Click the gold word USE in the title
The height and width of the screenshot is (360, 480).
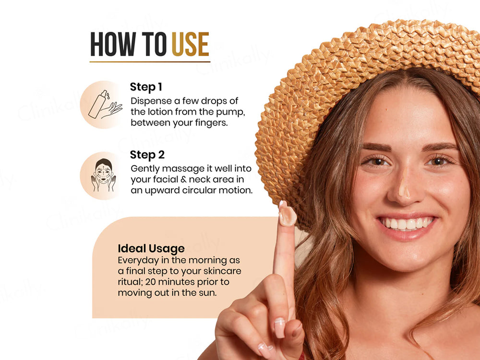pos(191,44)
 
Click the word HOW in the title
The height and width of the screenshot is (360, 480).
pos(113,44)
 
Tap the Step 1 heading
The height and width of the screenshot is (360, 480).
pos(146,87)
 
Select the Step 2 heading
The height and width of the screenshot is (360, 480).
pos(147,155)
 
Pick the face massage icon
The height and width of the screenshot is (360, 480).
pos(104,175)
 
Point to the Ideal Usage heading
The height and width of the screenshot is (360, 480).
pos(151,249)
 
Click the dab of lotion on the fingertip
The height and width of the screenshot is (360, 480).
pos(287,216)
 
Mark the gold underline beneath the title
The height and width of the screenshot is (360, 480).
pos(150,62)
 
